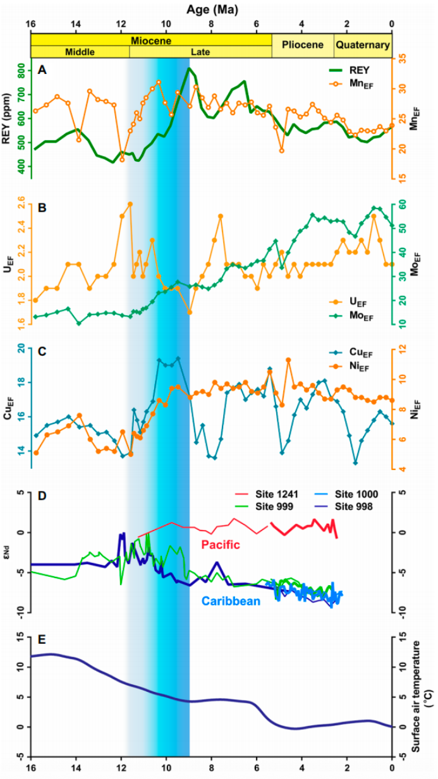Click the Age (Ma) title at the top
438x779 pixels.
211,8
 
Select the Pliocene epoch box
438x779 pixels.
303,45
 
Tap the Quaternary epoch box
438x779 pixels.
362,45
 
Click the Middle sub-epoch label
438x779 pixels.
80,52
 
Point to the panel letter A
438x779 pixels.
42,70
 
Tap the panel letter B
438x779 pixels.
42,206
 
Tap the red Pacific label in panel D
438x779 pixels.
218,544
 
